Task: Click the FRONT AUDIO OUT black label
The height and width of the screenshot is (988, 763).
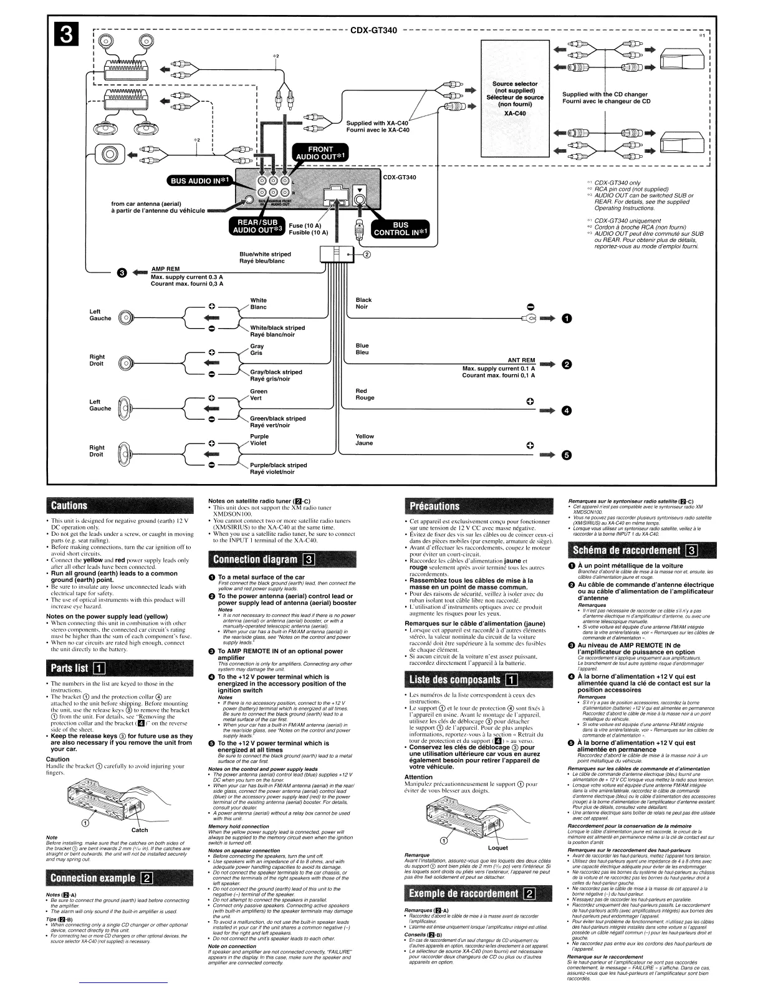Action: tap(320, 153)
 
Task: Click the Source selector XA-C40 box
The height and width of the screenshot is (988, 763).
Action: tap(515, 103)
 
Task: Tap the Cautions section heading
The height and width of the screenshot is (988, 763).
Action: tap(69, 505)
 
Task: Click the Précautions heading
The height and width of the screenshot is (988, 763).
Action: tap(433, 506)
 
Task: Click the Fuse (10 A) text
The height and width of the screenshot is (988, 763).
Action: tap(305, 226)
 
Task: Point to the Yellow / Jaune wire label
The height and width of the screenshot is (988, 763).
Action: tap(365, 440)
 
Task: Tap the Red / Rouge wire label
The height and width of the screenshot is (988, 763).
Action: tap(365, 394)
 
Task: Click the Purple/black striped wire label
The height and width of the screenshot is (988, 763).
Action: tap(278, 468)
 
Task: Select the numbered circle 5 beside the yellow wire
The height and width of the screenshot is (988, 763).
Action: tap(566, 454)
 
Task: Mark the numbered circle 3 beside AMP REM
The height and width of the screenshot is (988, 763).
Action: tap(122, 273)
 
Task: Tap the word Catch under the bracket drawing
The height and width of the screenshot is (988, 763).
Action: tap(140, 830)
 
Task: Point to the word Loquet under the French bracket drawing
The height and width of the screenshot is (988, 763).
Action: tap(498, 847)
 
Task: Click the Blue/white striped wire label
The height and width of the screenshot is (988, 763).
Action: tap(265, 257)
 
